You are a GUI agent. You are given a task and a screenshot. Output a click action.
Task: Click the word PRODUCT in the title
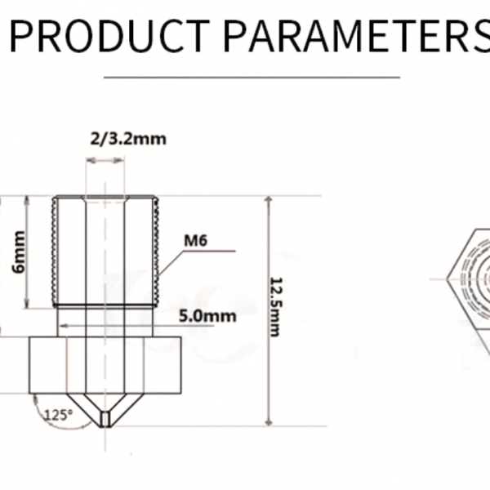tap(109, 36)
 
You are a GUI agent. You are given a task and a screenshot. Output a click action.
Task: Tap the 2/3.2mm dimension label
tap(128, 139)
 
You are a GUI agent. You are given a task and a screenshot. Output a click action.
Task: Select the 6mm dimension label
tap(19, 252)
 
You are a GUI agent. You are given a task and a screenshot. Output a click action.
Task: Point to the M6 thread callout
tap(196, 241)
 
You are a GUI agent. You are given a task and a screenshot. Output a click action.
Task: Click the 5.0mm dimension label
tap(207, 316)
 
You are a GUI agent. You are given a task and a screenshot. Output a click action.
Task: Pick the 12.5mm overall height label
tap(276, 307)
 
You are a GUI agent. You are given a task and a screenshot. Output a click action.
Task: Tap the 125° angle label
tap(59, 415)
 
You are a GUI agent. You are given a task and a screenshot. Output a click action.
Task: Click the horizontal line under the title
tap(252, 77)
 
